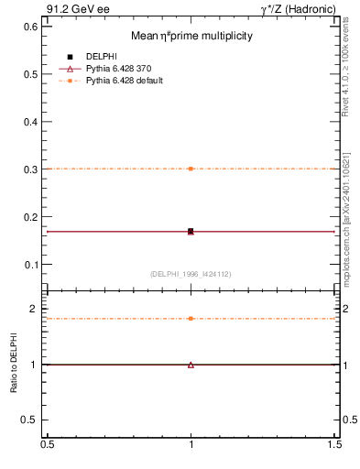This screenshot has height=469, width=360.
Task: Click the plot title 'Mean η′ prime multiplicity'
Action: (x=191, y=36)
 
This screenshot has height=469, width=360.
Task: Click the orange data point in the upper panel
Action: (x=191, y=169)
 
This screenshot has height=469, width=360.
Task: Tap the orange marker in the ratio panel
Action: (x=191, y=319)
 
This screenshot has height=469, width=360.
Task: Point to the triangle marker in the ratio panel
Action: (x=191, y=365)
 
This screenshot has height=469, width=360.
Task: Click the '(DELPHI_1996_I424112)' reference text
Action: (x=191, y=274)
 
